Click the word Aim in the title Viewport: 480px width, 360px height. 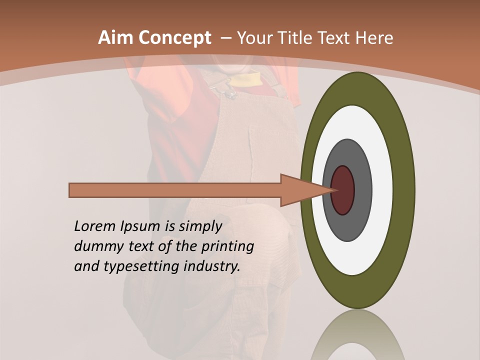point(114,38)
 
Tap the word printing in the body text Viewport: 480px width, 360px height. point(227,247)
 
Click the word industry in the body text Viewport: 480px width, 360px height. point(212,266)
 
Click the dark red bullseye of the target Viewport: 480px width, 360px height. point(343,190)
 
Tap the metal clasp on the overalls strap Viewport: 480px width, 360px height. point(225,90)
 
